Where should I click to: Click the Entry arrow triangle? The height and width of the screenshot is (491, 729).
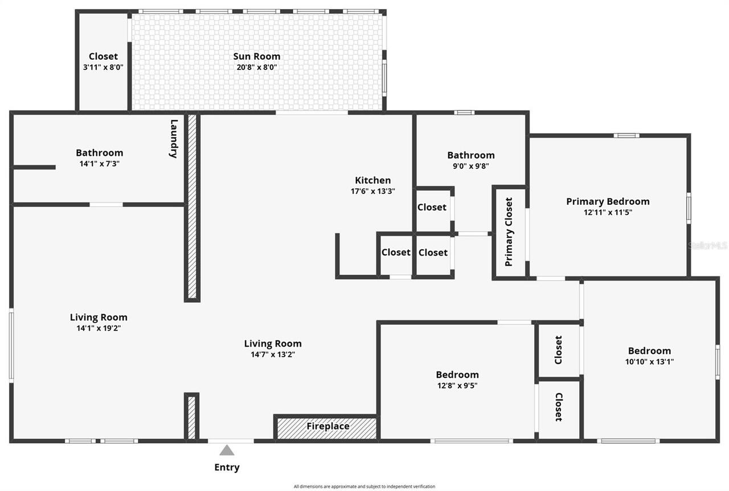point(227,451)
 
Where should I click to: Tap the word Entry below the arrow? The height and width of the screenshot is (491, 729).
point(227,467)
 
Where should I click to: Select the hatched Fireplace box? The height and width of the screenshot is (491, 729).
point(327,427)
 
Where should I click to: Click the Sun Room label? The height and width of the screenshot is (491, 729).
point(256,56)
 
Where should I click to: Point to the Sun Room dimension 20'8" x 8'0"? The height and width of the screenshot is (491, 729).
point(256,67)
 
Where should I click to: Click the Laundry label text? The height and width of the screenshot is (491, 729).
point(174,138)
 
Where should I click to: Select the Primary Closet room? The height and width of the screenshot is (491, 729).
point(509,232)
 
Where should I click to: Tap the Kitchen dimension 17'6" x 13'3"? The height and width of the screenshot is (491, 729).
point(373,191)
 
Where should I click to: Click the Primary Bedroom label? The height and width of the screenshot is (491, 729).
point(607,201)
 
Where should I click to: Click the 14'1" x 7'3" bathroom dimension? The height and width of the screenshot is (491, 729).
point(99,163)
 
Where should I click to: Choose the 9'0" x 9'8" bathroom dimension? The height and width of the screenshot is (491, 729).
point(470,166)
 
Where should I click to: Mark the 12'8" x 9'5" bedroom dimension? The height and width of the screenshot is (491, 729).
point(457,385)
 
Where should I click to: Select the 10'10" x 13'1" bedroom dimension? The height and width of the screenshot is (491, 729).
point(649,361)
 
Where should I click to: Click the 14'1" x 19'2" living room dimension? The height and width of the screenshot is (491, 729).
point(99,328)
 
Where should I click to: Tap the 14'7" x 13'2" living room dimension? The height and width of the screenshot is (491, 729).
point(273,354)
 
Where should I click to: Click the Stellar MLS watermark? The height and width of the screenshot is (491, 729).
point(707,246)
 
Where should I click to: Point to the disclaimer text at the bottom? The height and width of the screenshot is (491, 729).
point(364,486)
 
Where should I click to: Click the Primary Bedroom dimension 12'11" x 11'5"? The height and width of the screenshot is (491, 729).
point(607,212)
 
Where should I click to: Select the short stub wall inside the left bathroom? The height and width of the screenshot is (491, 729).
point(34,167)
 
